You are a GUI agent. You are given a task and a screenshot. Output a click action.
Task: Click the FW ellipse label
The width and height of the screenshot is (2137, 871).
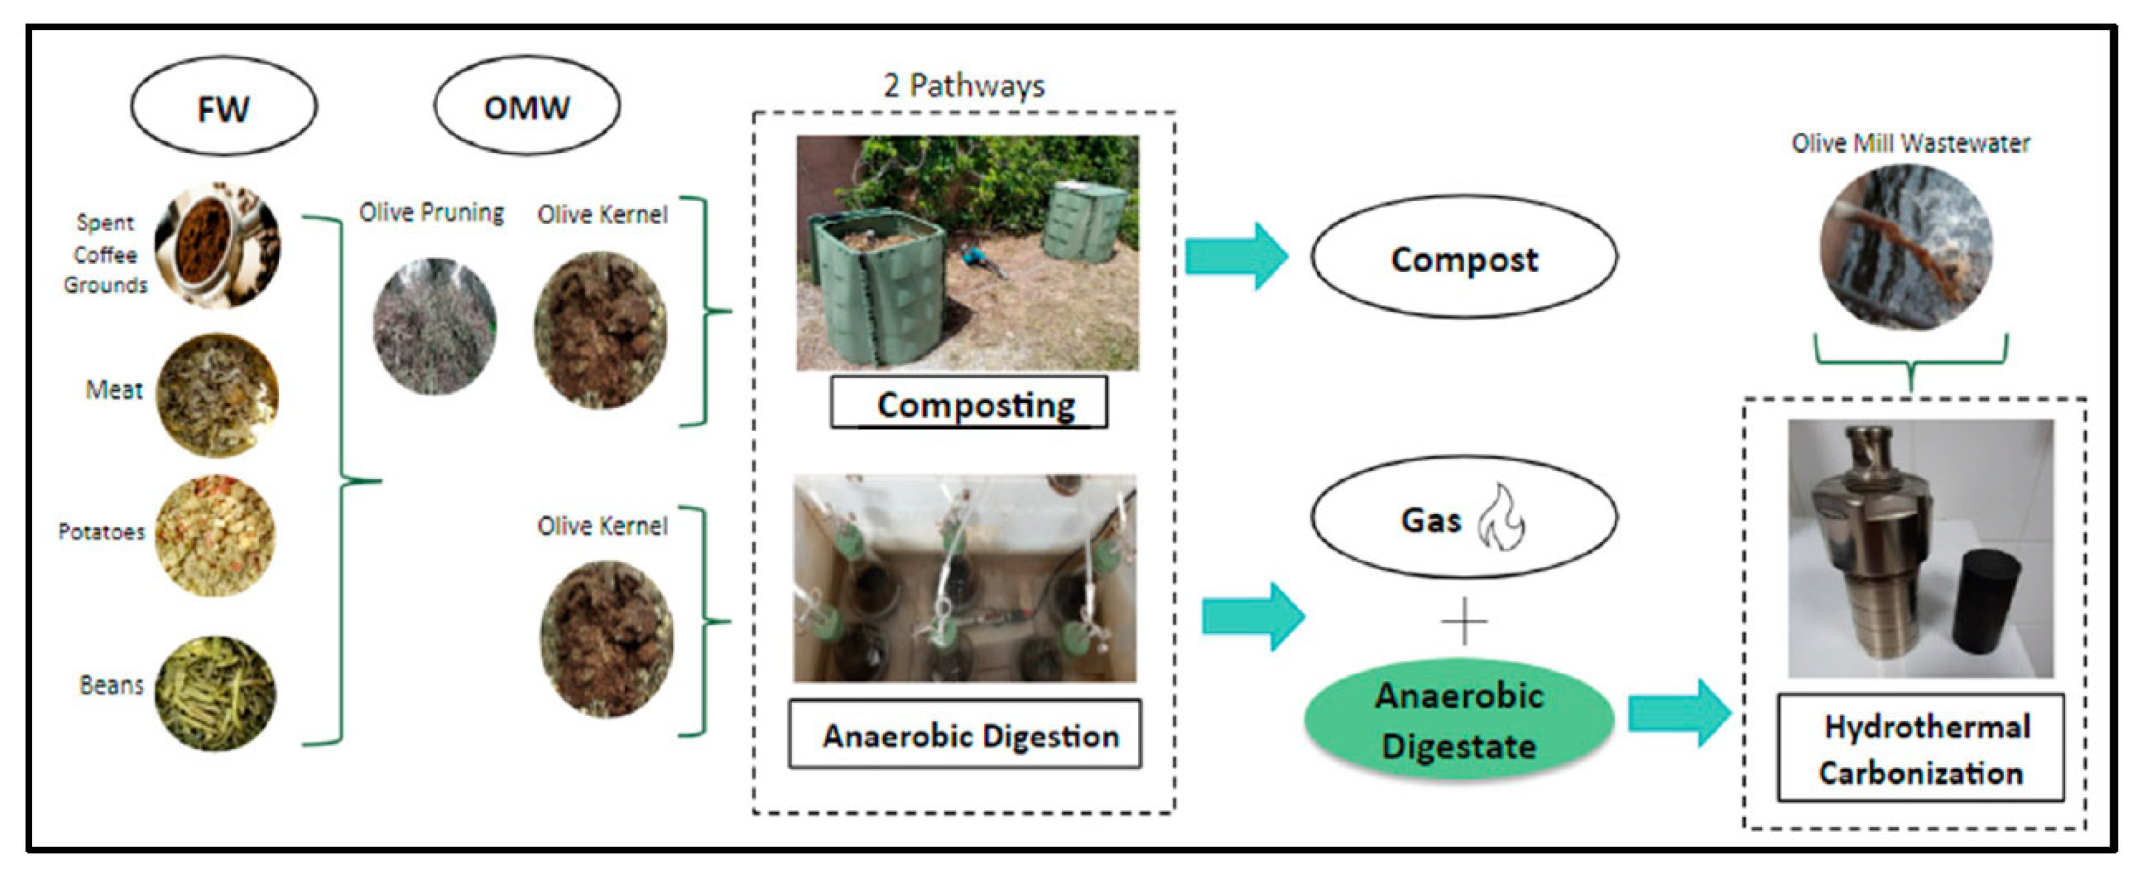(223, 107)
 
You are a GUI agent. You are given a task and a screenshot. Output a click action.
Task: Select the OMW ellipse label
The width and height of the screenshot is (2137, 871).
(527, 107)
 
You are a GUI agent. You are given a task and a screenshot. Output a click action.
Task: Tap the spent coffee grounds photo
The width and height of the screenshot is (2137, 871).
(218, 245)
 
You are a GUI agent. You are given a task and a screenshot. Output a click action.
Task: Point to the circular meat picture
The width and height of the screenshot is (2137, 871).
(217, 395)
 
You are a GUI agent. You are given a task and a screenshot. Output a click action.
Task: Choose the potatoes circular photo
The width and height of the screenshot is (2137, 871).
(215, 536)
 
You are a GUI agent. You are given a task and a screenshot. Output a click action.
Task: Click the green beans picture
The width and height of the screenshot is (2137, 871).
(215, 694)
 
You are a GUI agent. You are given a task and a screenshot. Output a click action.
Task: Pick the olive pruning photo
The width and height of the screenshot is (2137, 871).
(434, 326)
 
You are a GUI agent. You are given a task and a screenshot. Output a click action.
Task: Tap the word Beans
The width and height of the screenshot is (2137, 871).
(111, 685)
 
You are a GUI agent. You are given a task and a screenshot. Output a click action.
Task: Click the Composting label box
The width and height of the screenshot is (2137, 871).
(969, 403)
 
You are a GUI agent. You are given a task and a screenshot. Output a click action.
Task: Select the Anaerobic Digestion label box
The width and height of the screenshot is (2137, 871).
(965, 735)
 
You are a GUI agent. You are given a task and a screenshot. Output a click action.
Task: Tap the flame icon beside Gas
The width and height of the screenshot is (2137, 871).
(1500, 519)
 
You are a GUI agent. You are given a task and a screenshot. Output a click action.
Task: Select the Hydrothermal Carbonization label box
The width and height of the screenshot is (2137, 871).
(1920, 749)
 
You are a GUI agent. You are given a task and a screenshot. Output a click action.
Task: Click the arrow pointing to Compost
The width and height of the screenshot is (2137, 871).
(1236, 256)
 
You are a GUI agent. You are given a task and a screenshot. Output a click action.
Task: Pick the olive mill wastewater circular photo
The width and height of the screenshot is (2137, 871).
(1905, 247)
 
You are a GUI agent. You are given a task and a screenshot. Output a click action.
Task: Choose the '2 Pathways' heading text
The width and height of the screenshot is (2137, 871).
(964, 86)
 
